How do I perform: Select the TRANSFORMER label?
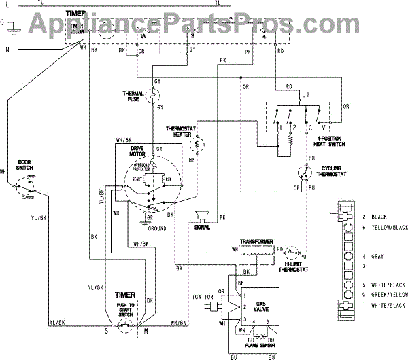pyautogui.click(x=256, y=242)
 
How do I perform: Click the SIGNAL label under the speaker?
pyautogui.click(x=201, y=228)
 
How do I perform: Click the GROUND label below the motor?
pyautogui.click(x=157, y=229)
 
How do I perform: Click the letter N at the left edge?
pyautogui.click(x=7, y=50)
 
